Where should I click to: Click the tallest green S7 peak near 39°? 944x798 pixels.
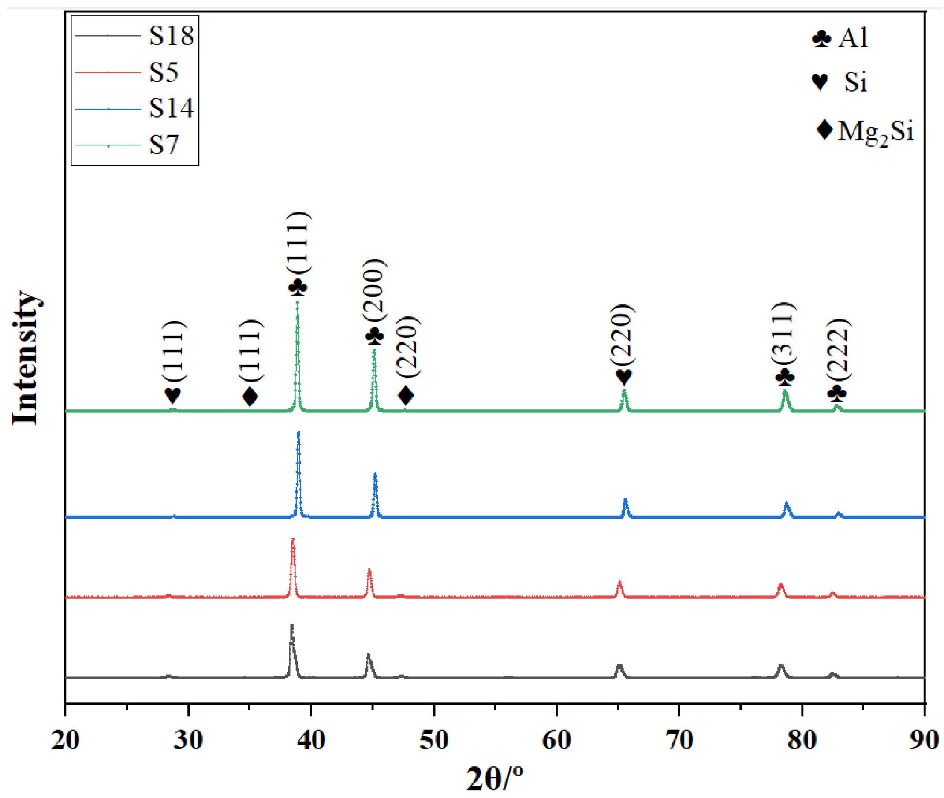click(297, 303)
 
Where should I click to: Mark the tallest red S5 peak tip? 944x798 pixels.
click(293, 539)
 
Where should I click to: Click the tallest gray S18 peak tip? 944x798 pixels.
click(291, 625)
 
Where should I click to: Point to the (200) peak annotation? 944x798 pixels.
click(375, 290)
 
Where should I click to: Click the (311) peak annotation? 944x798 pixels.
click(784, 333)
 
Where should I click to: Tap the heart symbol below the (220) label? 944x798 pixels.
click(623, 376)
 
